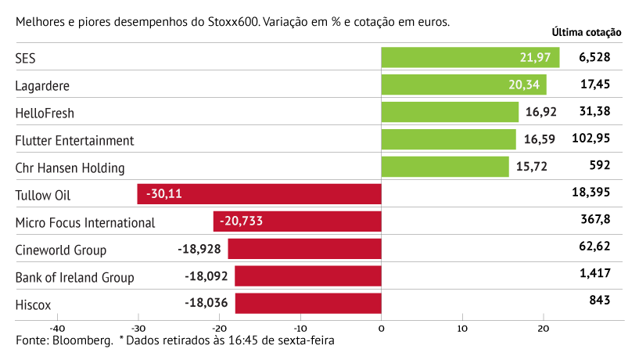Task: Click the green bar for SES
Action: point(469,58)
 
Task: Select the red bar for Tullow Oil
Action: point(259,194)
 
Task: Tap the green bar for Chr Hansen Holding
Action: point(444,167)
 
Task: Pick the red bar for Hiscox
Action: point(307,304)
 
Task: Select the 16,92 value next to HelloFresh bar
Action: point(540,112)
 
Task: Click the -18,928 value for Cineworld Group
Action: point(202,250)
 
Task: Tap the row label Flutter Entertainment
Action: point(75,141)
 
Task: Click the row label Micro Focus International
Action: point(85,222)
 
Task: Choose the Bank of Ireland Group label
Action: point(75,277)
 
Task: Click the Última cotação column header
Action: point(586,33)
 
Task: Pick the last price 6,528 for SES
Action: point(594,57)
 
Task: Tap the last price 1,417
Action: point(595,273)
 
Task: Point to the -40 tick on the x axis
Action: point(56,328)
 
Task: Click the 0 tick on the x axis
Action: point(381,328)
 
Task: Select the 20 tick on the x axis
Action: point(544,328)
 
